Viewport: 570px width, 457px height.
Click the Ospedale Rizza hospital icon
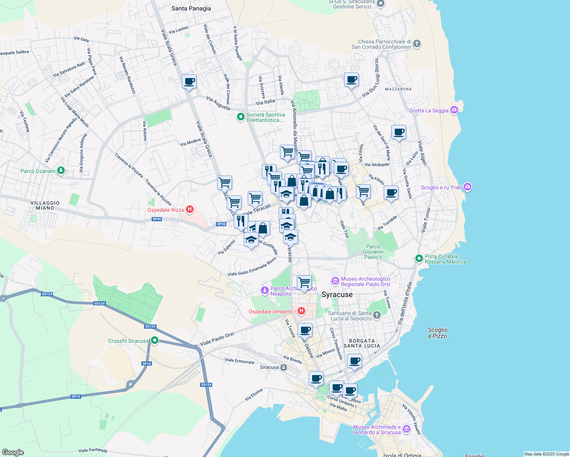pyautogui.click(x=189, y=209)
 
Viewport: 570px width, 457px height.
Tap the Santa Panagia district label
pyautogui.click(x=191, y=8)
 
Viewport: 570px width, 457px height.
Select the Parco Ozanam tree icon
pyautogui.click(x=61, y=171)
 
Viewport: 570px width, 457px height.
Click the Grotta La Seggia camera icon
pyautogui.click(x=454, y=110)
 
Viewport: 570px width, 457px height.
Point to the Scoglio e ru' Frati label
pyautogui.click(x=441, y=187)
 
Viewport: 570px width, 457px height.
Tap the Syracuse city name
pyautogui.click(x=337, y=295)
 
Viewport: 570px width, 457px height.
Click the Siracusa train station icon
pyautogui.click(x=283, y=368)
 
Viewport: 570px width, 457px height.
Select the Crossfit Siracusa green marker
pyautogui.click(x=154, y=340)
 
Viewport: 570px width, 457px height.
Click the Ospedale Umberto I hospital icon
pyautogui.click(x=301, y=311)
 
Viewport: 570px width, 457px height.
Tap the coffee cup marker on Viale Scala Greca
pyautogui.click(x=189, y=81)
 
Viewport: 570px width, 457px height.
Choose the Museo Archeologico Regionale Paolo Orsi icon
pyautogui.click(x=335, y=281)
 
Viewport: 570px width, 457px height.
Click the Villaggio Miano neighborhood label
pyautogui.click(x=45, y=205)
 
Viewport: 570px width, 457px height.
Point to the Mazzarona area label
pyautogui.click(x=398, y=89)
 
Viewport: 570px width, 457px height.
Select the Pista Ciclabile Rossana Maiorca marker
pyautogui.click(x=419, y=259)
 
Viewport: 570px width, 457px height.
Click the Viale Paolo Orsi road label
pyautogui.click(x=217, y=339)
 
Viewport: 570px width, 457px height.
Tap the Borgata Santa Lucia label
pyautogui.click(x=362, y=343)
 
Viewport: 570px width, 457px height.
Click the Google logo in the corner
pyautogui.click(x=13, y=452)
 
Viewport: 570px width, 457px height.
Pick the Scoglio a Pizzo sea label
pyautogui.click(x=437, y=333)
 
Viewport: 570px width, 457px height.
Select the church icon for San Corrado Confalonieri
pyautogui.click(x=417, y=43)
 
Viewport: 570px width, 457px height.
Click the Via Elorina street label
pyautogui.click(x=254, y=395)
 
